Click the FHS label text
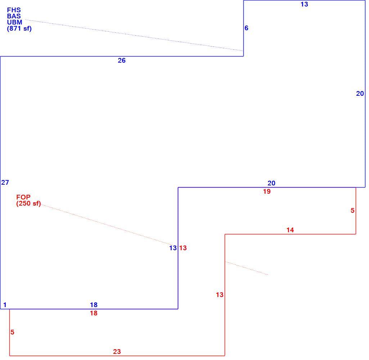14,10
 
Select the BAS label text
14,16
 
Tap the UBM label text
15,22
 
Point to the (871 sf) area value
19,29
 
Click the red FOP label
23,197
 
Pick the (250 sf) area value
28,203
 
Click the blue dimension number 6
246,28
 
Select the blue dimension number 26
122,60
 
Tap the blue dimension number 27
5,183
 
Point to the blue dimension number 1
5,305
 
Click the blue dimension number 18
94,305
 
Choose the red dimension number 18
94,313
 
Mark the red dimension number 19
267,192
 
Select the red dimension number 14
290,230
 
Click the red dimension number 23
117,351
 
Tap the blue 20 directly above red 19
271,183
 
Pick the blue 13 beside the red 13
173,248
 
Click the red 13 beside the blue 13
183,248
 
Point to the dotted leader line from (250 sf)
107,225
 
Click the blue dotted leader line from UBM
134,35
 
